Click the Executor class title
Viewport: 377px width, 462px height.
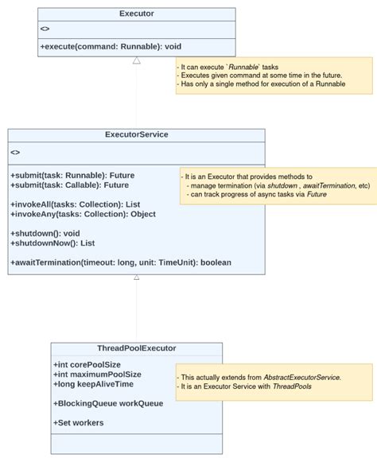click(x=137, y=14)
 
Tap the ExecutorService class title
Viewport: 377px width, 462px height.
click(x=137, y=134)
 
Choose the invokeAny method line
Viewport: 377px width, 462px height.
click(x=83, y=214)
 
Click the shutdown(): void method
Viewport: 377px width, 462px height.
click(x=45, y=233)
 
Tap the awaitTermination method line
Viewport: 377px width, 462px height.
click(x=121, y=262)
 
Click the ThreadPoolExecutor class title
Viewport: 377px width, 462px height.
click(x=137, y=348)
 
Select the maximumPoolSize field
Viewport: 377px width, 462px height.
click(x=97, y=374)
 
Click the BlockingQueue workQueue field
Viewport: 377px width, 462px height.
click(x=108, y=403)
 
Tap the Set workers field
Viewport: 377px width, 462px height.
click(x=79, y=422)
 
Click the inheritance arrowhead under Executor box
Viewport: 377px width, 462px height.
click(x=137, y=60)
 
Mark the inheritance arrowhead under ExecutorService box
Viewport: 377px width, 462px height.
click(x=137, y=278)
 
